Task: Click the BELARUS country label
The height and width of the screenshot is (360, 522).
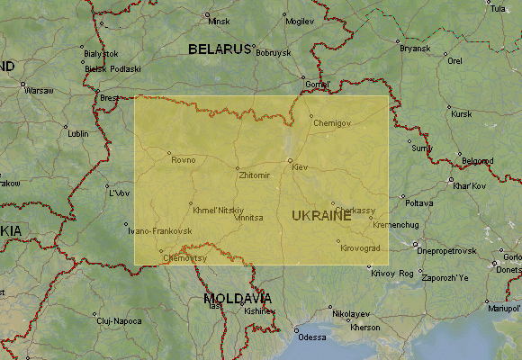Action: click(219, 49)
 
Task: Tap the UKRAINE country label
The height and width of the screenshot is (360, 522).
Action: click(321, 216)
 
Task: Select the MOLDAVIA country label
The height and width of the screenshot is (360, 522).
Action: click(238, 298)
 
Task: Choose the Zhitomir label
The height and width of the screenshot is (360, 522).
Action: click(255, 175)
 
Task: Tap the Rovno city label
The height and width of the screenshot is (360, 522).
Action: click(183, 160)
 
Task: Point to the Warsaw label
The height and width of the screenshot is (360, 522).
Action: click(39, 91)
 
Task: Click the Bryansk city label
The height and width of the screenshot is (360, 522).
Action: click(416, 47)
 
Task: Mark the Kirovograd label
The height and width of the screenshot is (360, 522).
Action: click(361, 247)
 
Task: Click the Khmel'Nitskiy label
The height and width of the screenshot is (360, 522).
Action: click(219, 210)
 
